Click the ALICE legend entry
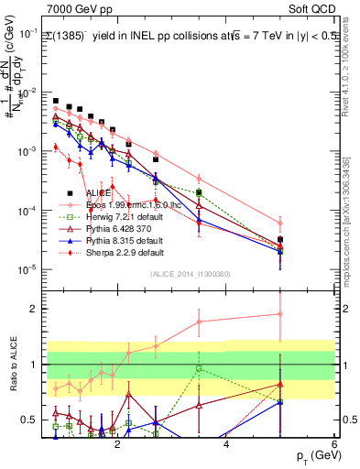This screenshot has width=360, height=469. (x=95, y=193)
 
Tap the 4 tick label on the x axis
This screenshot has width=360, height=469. (x=225, y=446)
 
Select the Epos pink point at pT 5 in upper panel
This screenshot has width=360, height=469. (x=280, y=224)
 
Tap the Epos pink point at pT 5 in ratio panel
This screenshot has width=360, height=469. (x=280, y=314)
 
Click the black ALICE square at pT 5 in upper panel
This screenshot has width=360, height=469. (x=280, y=239)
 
